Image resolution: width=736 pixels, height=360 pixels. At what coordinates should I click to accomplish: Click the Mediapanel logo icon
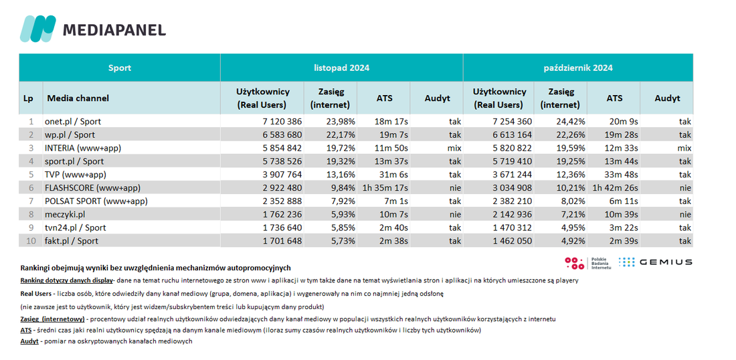point(37,29)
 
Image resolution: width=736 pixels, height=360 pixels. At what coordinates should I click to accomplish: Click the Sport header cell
point(120,68)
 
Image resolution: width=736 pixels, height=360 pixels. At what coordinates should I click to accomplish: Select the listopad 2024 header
point(342,68)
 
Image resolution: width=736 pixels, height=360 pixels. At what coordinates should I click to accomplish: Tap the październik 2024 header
point(578,68)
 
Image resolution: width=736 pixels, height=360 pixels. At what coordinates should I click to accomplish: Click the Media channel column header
point(78,98)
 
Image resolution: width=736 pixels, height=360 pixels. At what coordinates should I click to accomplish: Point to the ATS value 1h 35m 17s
point(385,188)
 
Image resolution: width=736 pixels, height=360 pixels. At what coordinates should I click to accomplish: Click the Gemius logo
point(655,262)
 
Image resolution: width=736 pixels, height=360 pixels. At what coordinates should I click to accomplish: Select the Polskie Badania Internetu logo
point(587,264)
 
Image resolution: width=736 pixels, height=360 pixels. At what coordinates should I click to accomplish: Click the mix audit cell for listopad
point(454,149)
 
